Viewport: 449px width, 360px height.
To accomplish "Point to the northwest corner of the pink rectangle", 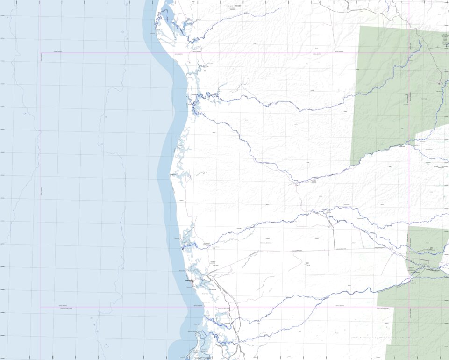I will pyautogui.click(x=40, y=53).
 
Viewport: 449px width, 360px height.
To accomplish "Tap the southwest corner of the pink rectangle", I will pyautogui.click(x=40, y=307).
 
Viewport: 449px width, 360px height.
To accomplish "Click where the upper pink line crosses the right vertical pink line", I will pyautogui.click(x=410, y=53).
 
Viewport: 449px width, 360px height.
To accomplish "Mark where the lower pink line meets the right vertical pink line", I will pyautogui.click(x=410, y=307).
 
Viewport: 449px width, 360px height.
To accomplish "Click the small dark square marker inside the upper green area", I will pyautogui.click(x=440, y=83).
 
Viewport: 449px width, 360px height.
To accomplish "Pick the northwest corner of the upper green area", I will pyautogui.click(x=360, y=26).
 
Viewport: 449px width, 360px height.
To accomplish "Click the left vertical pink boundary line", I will pyautogui.click(x=40, y=187).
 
